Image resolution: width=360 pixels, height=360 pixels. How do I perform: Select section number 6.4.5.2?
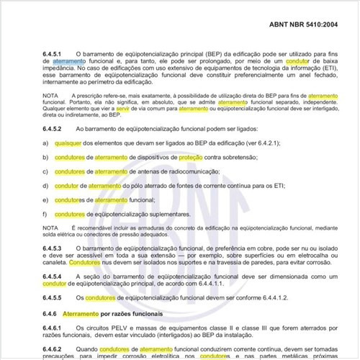pos(55,127)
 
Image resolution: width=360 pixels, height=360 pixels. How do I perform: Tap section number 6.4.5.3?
pos(55,248)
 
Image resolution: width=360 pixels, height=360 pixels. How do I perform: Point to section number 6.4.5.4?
pos(55,277)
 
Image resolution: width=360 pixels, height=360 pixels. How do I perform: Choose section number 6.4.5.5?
pos(55,298)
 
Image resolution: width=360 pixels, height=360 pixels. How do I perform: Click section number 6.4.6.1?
pos(55,328)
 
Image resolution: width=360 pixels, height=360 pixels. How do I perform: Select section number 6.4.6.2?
pos(55,349)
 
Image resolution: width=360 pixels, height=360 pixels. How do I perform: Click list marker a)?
pos(45,143)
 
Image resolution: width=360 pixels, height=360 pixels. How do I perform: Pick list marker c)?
pos(45,171)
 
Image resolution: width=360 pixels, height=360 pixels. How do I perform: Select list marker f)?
pos(45,214)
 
